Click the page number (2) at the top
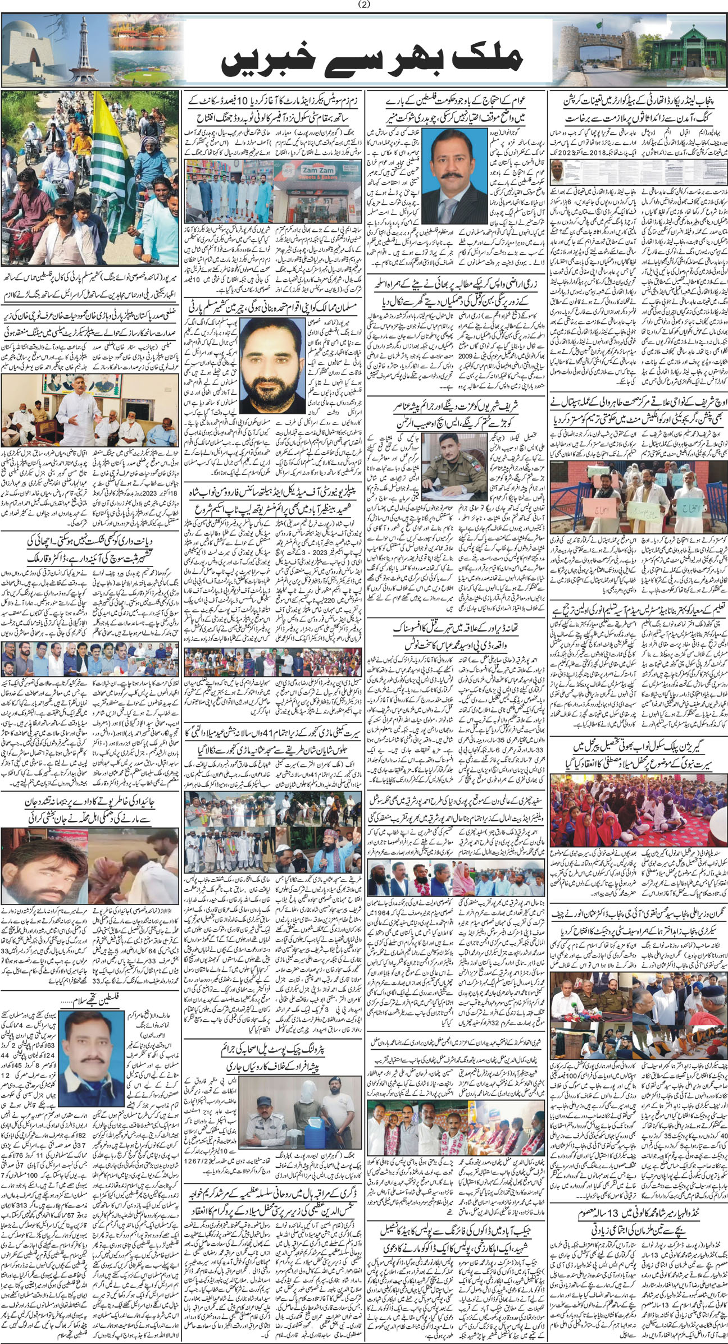pos(365,5)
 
